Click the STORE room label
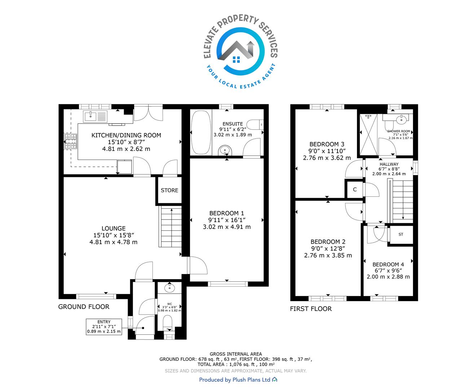pos(169,190)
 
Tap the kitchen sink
pos(95,117)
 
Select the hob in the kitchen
pos(71,141)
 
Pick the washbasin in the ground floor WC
pos(169,288)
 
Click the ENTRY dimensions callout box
pos(104,327)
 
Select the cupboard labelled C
pos(354,190)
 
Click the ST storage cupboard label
pos(401,234)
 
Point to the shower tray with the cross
pos(368,135)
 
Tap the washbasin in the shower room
pos(401,120)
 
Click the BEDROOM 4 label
pos(388,264)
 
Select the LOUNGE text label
pos(114,228)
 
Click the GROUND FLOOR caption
pos(84,307)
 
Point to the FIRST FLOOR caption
pos(311,309)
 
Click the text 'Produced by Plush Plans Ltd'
pos(235,380)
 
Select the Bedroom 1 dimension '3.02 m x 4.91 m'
pos(226,227)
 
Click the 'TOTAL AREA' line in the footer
pos(236,364)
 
